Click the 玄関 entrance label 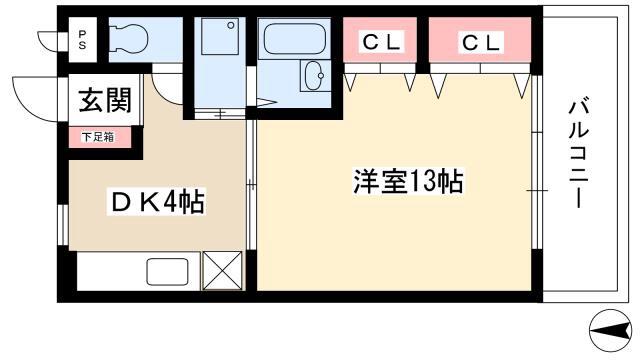point(105,100)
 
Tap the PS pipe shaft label point(82,40)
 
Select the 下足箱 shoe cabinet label point(98,137)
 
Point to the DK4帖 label point(157,201)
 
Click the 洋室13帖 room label point(408,181)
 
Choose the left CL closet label point(380,41)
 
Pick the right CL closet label point(480,42)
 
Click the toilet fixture point(128,39)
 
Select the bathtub point(295,39)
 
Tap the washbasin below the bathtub point(315,76)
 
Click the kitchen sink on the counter point(167,271)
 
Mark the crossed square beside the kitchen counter point(222,271)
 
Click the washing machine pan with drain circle point(220,36)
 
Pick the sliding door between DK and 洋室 point(252,184)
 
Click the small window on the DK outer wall point(63,224)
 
